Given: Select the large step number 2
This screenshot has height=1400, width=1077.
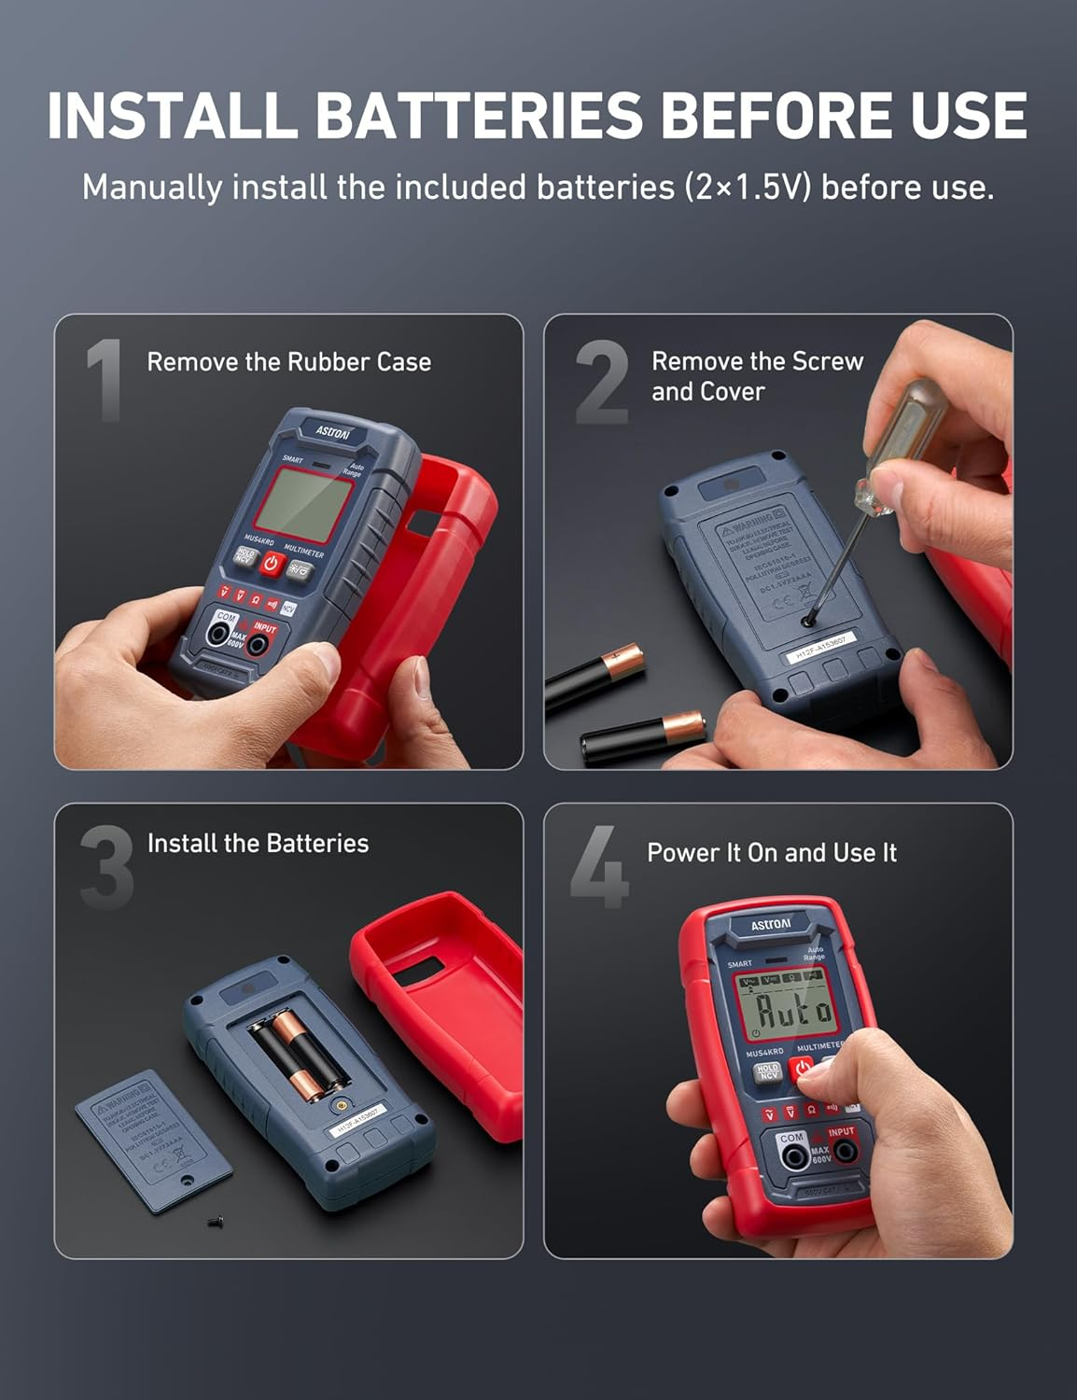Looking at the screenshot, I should coord(601,382).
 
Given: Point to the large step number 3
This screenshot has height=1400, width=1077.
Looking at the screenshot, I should coord(106,867).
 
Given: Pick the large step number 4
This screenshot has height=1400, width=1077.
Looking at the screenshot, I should coord(599,867).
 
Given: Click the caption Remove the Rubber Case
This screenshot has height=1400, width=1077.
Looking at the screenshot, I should coord(289,362).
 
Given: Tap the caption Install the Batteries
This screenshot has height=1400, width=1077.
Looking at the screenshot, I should coord(258,844).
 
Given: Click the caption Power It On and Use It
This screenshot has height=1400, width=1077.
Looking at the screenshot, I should coord(771,853).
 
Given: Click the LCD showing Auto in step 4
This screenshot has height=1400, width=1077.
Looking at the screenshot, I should coord(783,1010).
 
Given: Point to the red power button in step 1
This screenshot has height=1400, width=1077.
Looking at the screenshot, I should coord(271,563).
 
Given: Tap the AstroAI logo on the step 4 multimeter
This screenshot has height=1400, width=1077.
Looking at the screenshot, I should coord(771,925).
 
